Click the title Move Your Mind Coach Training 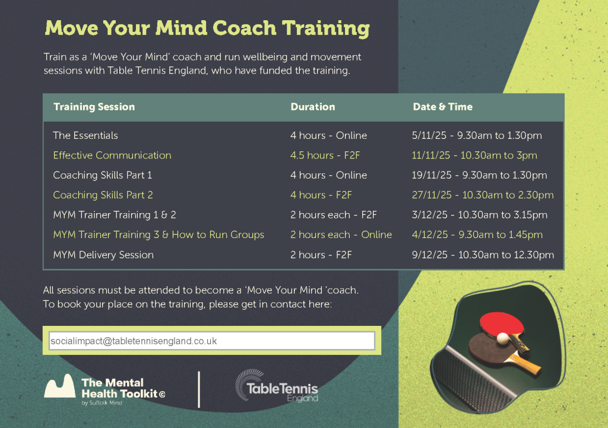207,28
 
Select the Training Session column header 94,107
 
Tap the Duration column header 313,107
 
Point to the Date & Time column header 443,107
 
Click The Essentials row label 85,135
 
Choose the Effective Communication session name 112,156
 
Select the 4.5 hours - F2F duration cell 325,156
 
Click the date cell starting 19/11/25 479,175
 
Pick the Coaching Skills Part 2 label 103,195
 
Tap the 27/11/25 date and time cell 483,195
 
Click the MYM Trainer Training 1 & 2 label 115,215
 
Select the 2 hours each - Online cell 341,234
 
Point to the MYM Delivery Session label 103,255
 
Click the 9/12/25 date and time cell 483,255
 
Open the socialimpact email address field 212,341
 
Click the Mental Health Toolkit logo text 123,388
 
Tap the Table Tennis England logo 277,386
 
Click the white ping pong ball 502,338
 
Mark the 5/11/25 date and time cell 477,135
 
